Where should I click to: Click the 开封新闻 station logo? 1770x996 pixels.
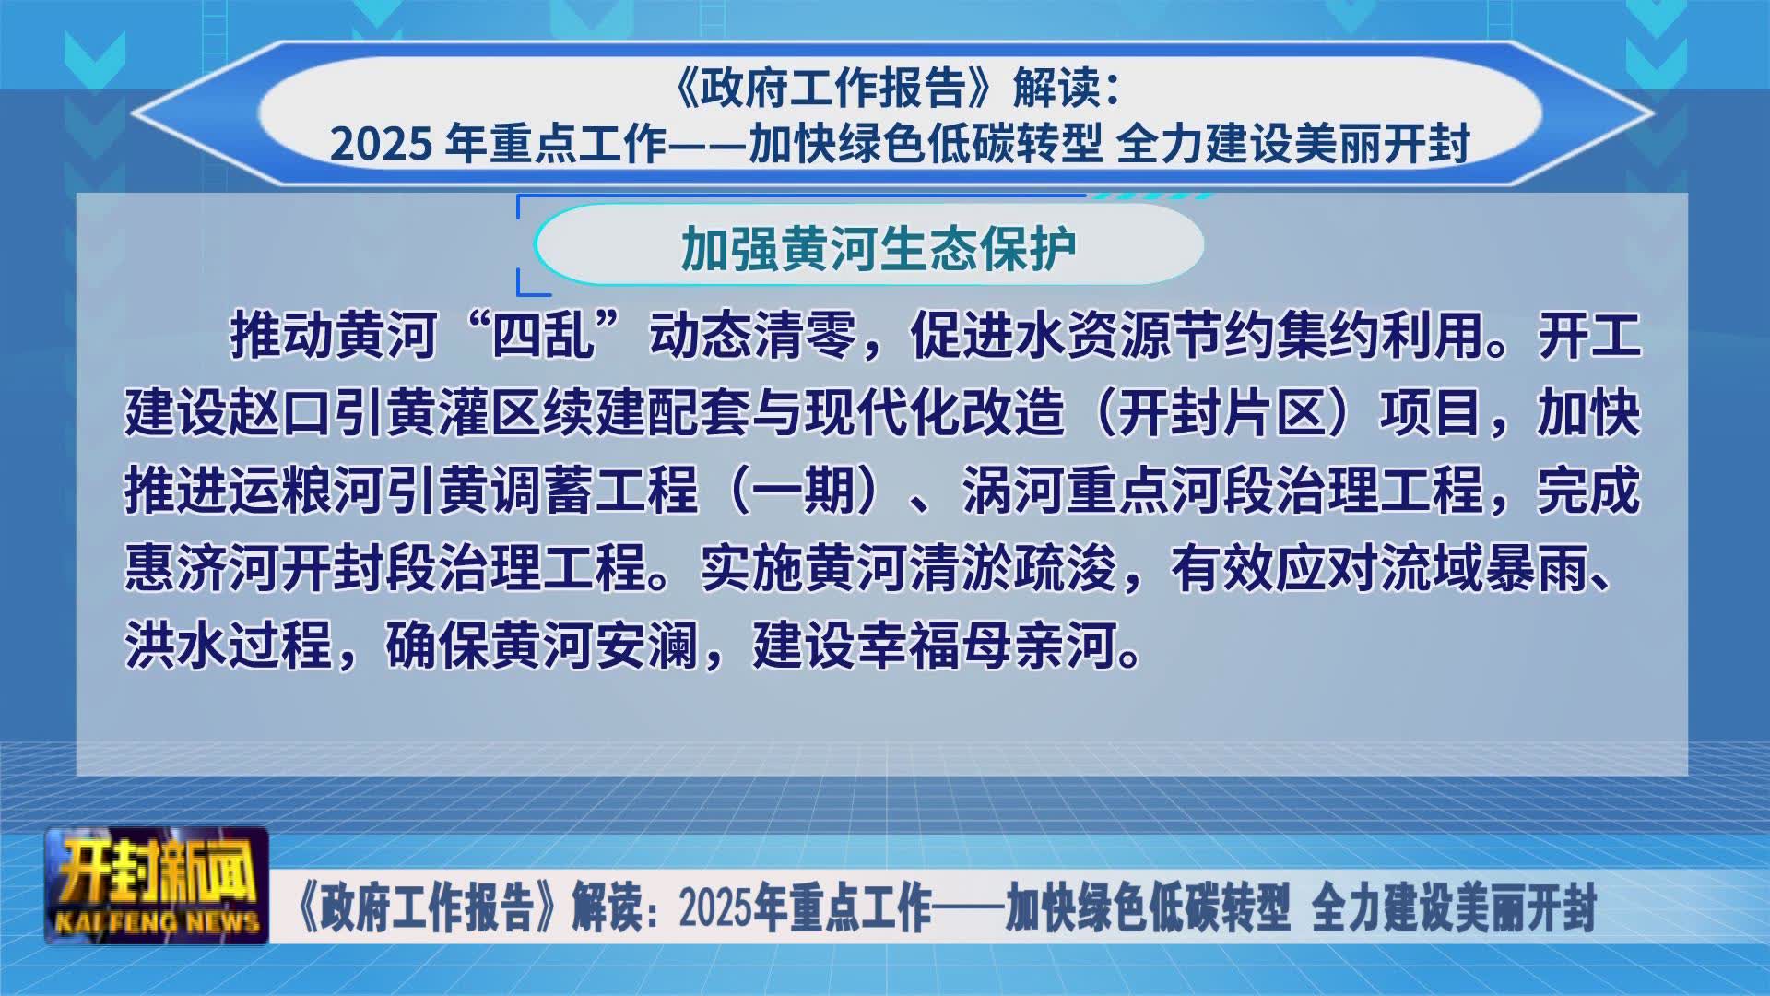click(157, 885)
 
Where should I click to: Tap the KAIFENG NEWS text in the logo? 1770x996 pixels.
click(157, 922)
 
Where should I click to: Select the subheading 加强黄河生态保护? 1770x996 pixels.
click(879, 247)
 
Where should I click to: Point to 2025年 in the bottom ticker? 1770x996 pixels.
click(733, 907)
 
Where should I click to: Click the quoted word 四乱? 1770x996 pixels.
click(544, 334)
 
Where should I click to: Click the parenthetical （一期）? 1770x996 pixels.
click(803, 490)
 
